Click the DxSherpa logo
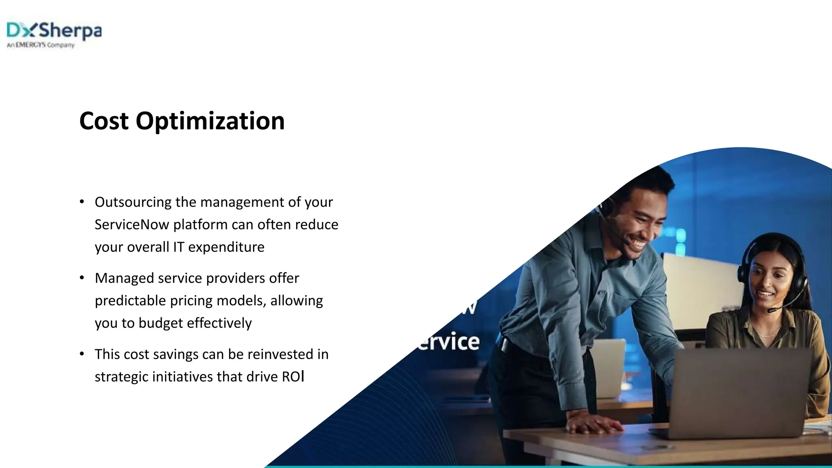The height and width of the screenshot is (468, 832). [54, 31]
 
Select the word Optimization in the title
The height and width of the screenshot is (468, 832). [210, 121]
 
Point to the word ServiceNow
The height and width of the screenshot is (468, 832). [132, 224]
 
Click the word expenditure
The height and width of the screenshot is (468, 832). [226, 247]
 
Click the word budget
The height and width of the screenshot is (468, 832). [160, 323]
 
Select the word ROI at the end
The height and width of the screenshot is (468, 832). [293, 377]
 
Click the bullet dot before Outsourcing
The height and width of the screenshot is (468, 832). [82, 201]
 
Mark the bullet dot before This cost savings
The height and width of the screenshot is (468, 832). [82, 354]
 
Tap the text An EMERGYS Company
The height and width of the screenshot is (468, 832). [41, 45]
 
